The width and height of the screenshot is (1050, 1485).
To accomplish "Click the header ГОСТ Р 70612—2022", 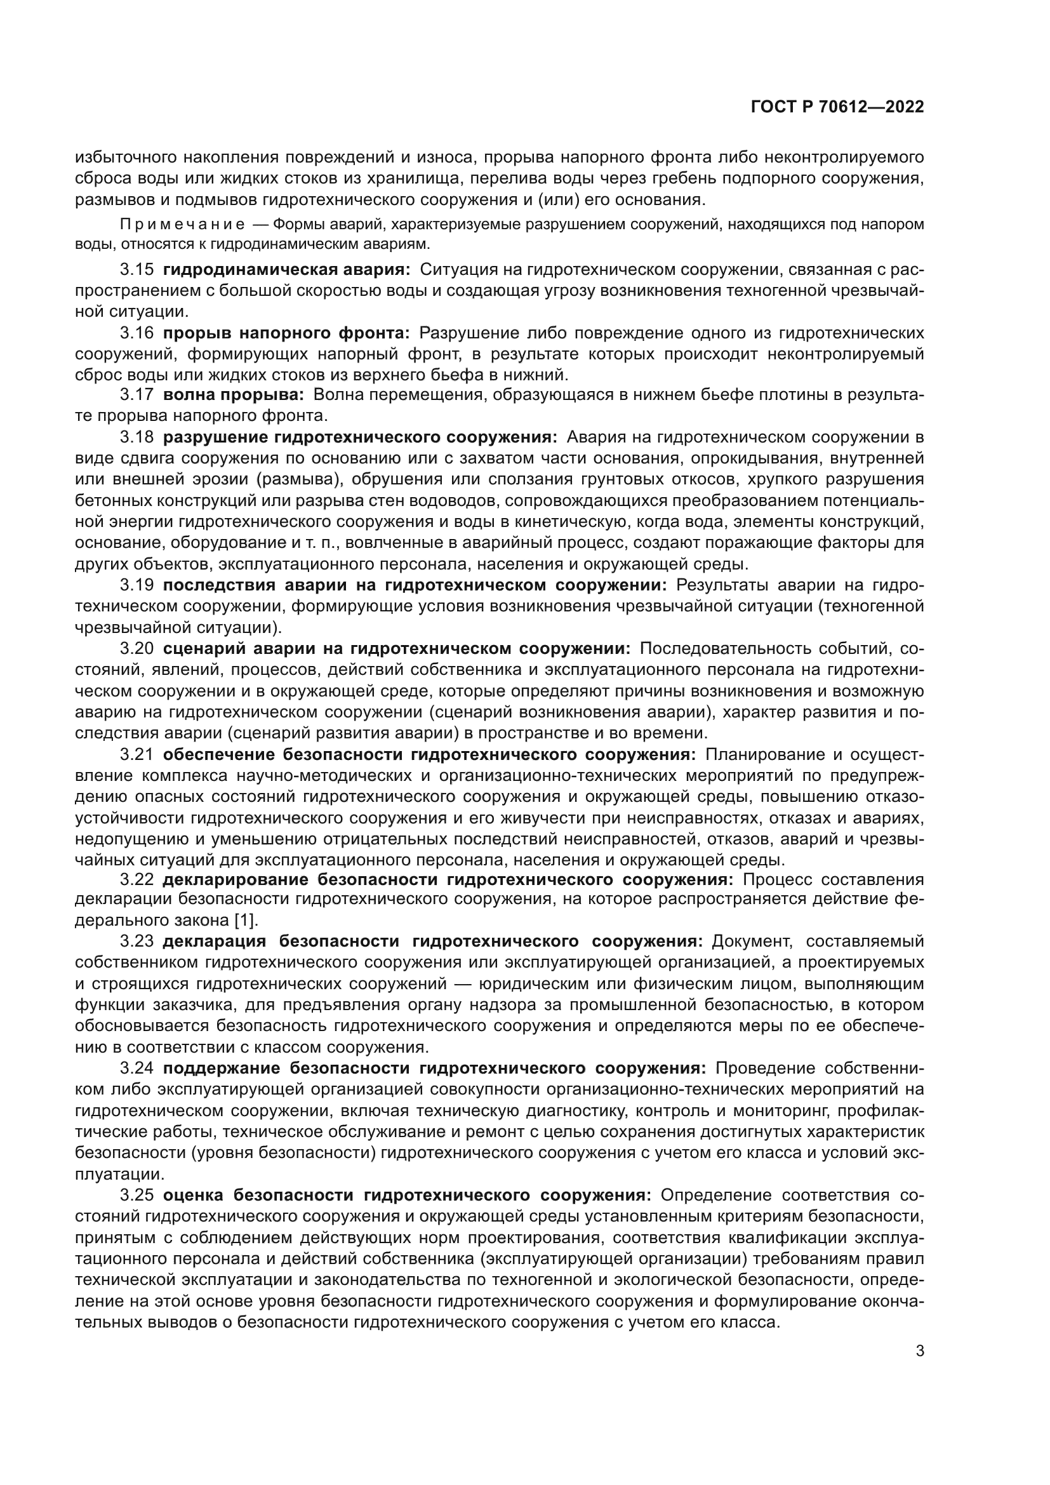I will (x=837, y=107).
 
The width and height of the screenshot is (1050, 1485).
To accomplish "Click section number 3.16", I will (x=136, y=333).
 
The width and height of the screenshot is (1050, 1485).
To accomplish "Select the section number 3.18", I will (x=136, y=437).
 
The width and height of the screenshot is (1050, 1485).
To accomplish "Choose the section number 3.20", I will (x=136, y=648).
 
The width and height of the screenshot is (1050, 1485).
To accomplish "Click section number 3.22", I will (x=136, y=879).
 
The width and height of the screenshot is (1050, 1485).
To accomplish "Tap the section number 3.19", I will (x=136, y=585).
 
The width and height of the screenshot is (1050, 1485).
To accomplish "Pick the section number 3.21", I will (x=136, y=754).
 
